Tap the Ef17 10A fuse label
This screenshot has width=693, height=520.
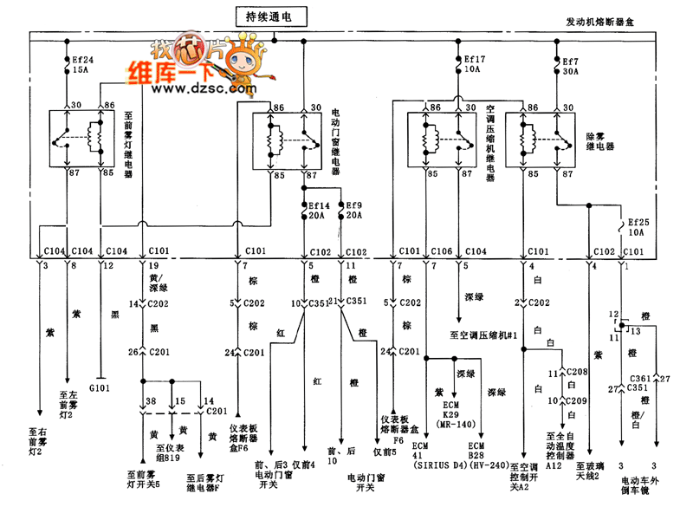473,65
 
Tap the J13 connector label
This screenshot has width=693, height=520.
632,329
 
